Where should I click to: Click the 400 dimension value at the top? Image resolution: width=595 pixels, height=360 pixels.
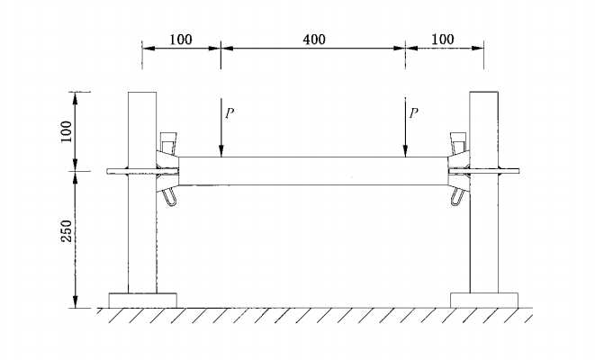pos(313,40)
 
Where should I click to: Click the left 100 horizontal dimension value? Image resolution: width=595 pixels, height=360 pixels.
pos(182,40)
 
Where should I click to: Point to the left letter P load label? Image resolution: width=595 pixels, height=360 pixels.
pos(230,113)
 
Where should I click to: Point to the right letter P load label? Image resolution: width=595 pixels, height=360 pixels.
pos(414,113)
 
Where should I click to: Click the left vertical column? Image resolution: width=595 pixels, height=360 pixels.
pos(142,225)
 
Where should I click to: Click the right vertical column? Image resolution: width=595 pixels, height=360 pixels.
pos(483,225)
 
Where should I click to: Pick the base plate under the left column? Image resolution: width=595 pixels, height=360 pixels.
pos(142,300)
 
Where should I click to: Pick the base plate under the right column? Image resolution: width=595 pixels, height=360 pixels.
pos(483,300)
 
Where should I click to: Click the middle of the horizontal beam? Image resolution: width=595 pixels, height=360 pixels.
pos(313,171)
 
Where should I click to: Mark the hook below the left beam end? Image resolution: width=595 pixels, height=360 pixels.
pos(170,195)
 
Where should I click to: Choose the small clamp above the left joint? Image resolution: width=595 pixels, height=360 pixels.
pos(167,143)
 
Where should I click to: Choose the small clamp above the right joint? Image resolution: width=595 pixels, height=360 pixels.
pos(458,143)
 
